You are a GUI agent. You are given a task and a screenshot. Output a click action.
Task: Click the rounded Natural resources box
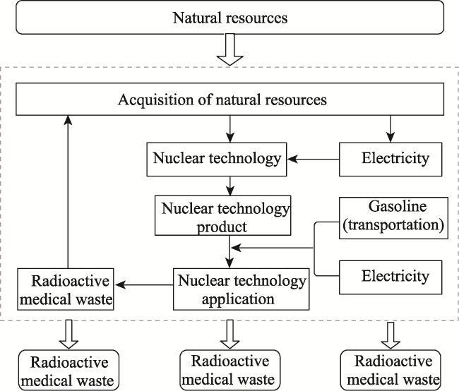tap(229, 18)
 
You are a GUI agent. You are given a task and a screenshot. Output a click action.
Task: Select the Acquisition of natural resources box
tap(229, 100)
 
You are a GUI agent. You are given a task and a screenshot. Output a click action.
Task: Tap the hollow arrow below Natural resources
tap(230, 49)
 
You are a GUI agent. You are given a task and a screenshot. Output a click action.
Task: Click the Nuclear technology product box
tap(222, 215)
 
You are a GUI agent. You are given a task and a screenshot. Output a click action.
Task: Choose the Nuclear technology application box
tap(242, 289)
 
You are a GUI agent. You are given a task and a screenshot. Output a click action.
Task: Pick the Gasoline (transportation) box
tap(393, 218)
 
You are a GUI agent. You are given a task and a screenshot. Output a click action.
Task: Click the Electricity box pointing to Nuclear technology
tap(391, 160)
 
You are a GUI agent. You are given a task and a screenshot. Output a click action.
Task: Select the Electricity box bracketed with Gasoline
tap(391, 277)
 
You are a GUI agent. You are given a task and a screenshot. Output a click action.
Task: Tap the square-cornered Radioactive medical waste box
tap(66, 289)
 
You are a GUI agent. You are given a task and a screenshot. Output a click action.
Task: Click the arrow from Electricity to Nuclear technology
tap(314, 160)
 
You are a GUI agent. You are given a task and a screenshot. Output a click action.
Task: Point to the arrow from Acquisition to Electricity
tap(391, 128)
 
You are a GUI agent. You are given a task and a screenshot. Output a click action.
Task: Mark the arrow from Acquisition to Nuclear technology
tap(230, 128)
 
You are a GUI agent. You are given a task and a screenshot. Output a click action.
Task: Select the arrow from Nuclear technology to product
tap(230, 186)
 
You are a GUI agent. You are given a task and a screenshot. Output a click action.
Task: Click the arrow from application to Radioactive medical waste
tap(144, 284)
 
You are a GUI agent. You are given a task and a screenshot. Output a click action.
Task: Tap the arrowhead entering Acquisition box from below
tap(68, 120)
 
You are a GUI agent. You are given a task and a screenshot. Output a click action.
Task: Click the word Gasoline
tap(398, 206)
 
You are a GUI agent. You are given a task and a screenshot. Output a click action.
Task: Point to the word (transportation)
tap(393, 224)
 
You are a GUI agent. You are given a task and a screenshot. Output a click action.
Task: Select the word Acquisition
tap(156, 100)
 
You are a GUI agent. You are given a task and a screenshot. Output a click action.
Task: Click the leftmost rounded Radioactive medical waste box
tap(68, 371)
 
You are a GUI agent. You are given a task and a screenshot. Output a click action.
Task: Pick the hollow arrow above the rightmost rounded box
tap(391, 335)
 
